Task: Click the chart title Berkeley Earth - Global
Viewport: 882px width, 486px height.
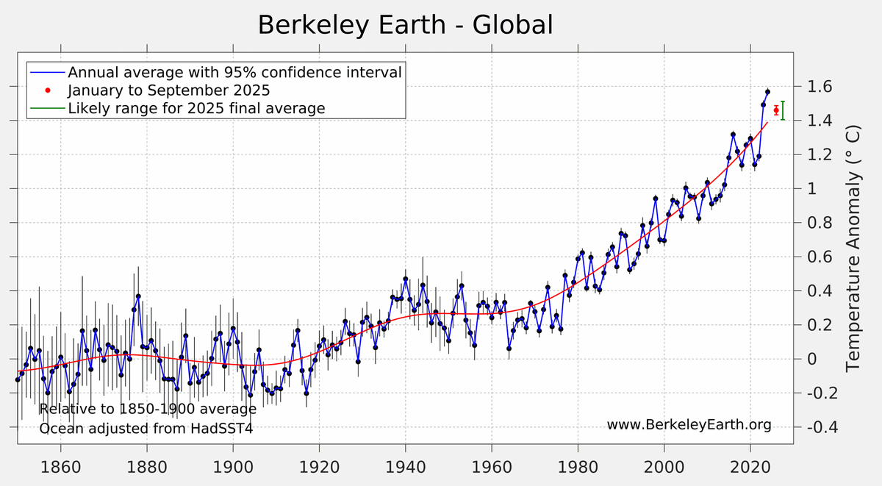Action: point(405,25)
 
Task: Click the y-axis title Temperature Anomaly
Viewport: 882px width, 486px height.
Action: point(853,248)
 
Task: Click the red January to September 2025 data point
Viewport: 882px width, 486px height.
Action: point(776,110)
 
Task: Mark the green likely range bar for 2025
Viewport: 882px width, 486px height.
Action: point(783,110)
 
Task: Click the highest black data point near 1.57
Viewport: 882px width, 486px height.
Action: point(767,92)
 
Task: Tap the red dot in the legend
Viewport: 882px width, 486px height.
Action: point(47,90)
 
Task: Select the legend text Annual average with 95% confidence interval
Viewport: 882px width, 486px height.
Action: point(234,73)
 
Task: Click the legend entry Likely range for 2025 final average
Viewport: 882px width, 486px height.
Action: point(196,108)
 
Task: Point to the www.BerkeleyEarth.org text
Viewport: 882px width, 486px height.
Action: point(689,425)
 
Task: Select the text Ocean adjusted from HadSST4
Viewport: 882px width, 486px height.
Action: point(146,428)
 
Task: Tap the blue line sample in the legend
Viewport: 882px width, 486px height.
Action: point(47,73)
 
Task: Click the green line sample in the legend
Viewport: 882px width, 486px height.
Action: point(47,108)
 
